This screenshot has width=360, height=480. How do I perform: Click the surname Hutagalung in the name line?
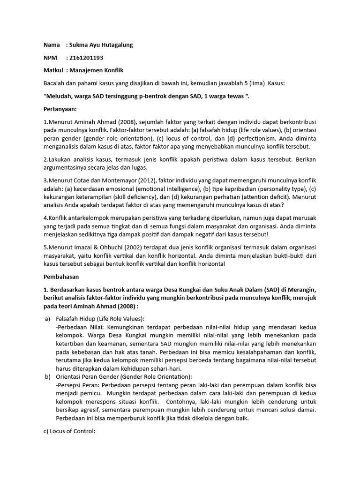pos(112,45)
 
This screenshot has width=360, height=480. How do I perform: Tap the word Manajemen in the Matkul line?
pos(86,70)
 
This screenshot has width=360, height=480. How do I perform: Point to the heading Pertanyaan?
pos(61,109)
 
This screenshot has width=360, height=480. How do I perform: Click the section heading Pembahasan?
pos(61,277)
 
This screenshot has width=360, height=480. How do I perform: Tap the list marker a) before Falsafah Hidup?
pos(47,319)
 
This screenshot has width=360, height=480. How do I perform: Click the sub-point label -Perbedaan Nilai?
pos(79,327)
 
